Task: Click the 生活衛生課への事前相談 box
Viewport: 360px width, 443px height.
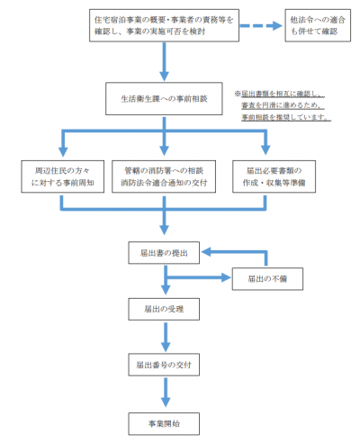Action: [x=165, y=98]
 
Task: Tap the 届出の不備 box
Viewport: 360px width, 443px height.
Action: [x=269, y=278]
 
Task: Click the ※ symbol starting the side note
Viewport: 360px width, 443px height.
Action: [x=238, y=93]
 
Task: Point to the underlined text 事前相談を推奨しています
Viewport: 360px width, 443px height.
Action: [x=283, y=117]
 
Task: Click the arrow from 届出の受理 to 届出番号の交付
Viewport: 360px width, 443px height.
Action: [x=165, y=337]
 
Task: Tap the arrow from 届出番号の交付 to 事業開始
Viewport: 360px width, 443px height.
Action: [x=165, y=393]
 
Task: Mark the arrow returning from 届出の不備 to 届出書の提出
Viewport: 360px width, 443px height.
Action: [x=216, y=253]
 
